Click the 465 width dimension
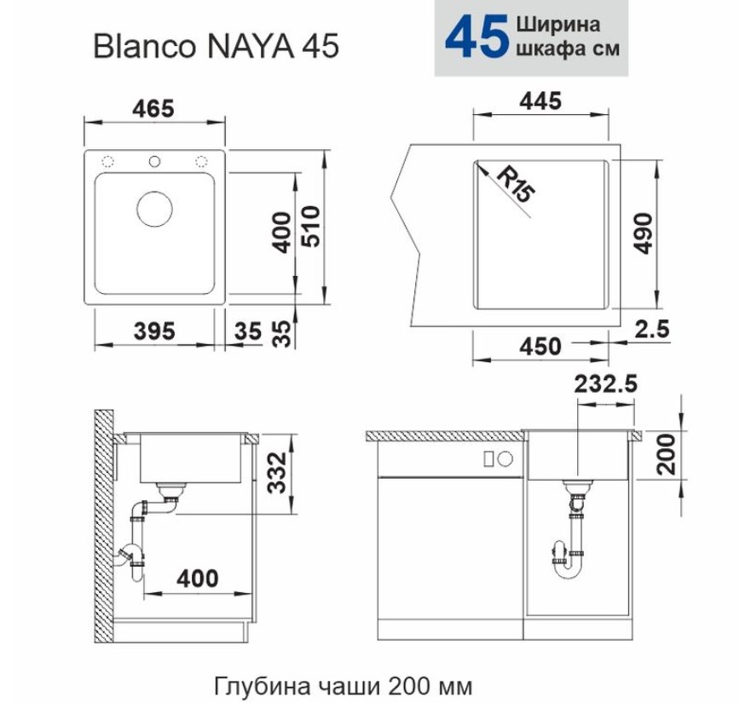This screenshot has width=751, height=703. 153,109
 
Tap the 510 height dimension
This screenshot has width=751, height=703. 311,226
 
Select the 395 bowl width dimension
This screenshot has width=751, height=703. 154,331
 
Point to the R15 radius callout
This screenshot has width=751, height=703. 515,185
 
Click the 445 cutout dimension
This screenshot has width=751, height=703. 540,101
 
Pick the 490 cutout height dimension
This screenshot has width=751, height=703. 643,233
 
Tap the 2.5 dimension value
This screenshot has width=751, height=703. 652,329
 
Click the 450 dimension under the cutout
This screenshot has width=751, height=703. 540,346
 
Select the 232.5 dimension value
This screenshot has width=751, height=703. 606,383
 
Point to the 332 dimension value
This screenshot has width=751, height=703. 276,473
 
